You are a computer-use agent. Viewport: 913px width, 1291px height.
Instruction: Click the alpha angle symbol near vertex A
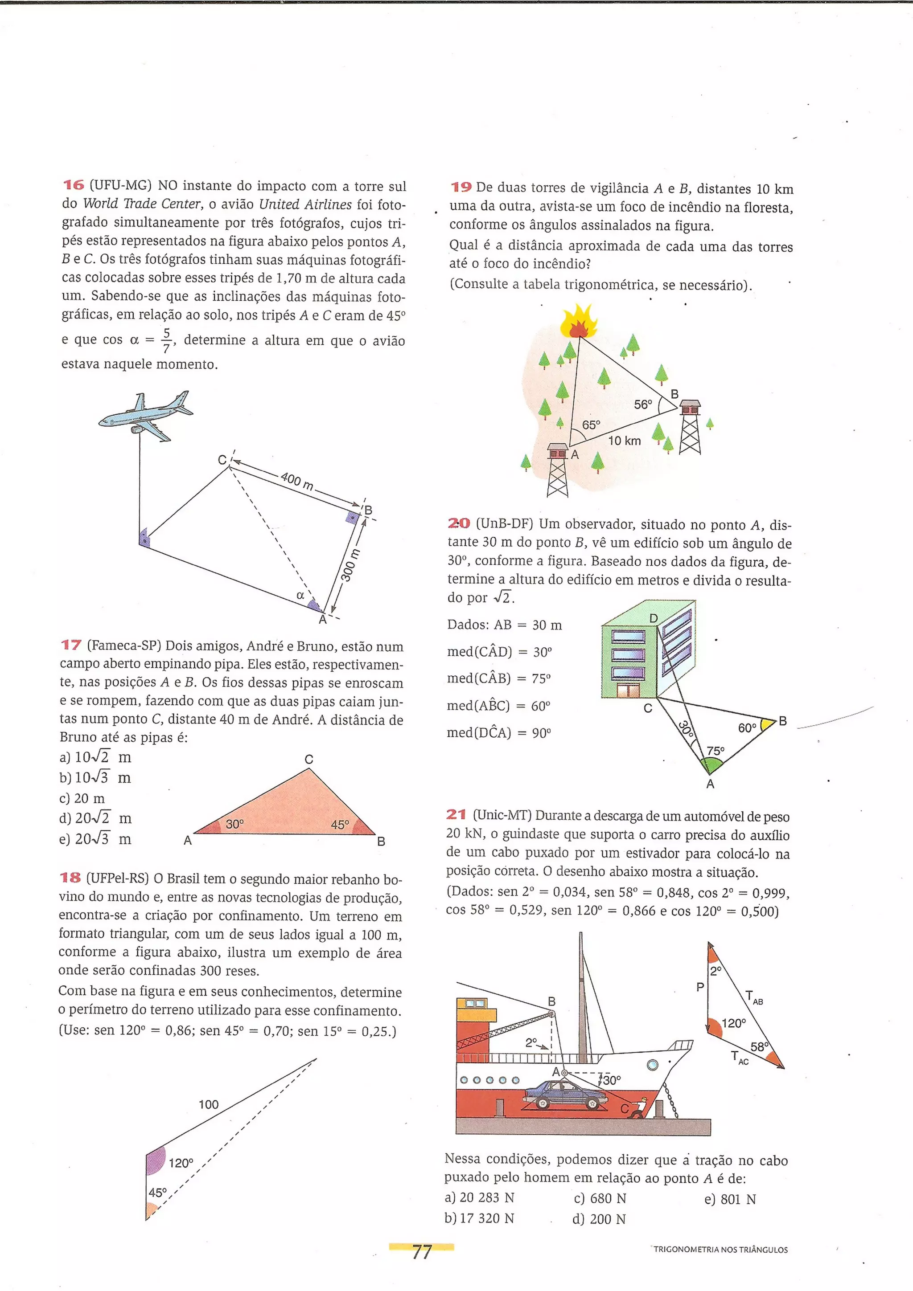pos(300,595)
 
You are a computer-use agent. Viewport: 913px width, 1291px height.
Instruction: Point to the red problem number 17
pos(71,645)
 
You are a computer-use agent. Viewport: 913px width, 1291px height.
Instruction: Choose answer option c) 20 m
pos(82,798)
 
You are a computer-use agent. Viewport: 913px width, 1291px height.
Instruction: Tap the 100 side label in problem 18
pos(209,1104)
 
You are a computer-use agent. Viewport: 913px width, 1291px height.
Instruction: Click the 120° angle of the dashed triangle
pos(181,1163)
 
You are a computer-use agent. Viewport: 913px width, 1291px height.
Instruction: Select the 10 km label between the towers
pos(625,441)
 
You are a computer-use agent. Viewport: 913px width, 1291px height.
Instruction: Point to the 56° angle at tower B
pos(643,404)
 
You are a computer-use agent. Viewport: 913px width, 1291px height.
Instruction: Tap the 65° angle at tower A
pos(591,425)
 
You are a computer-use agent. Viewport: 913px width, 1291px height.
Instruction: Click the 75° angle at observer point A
pos(716,751)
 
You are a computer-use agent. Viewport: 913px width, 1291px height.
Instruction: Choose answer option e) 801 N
pos(730,1199)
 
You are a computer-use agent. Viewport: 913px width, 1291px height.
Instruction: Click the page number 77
pos(421,1252)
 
